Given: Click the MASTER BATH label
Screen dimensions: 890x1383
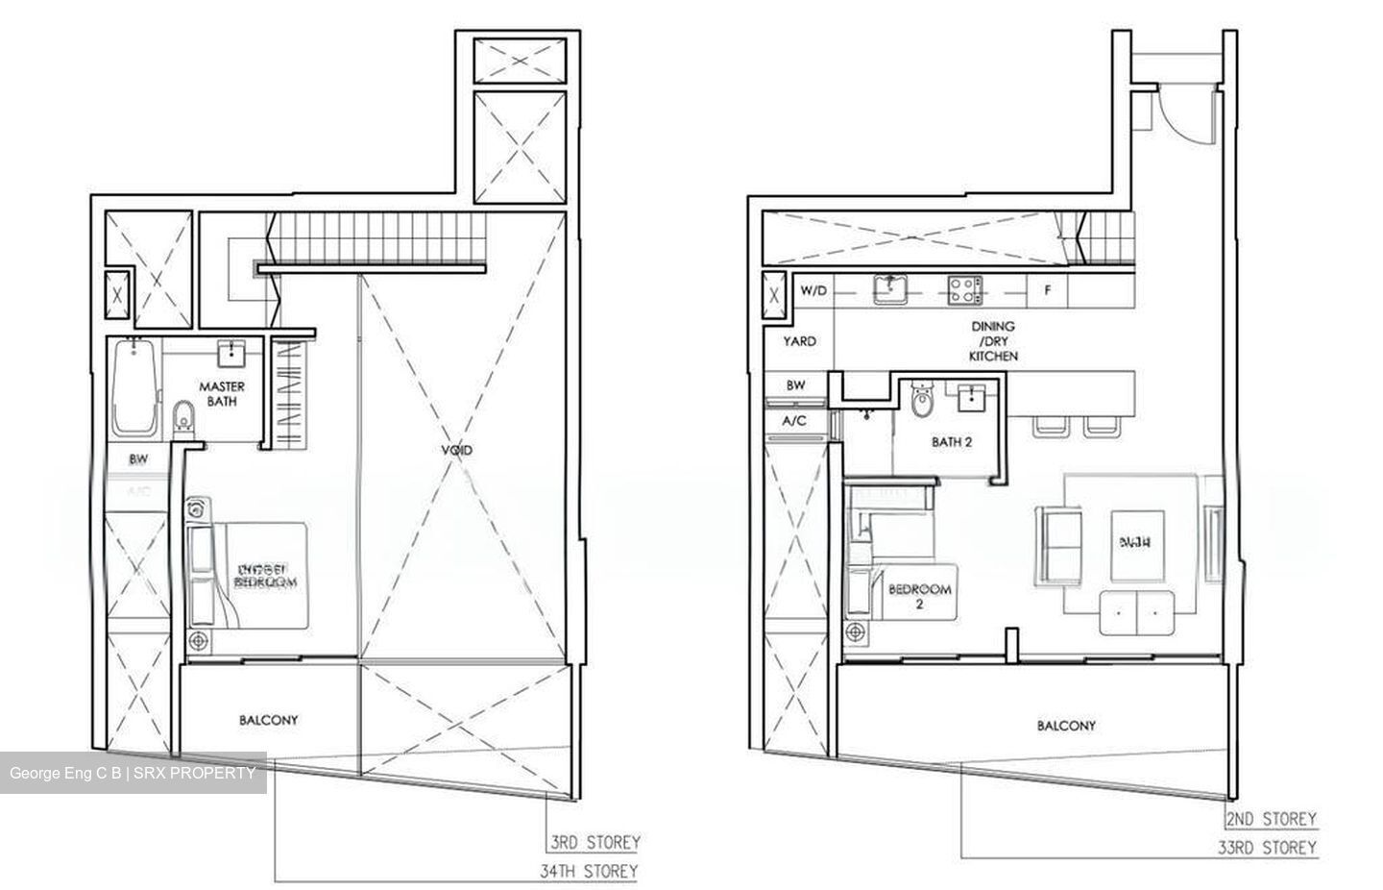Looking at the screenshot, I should point(222,394).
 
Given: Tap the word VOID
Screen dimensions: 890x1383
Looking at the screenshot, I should point(457,449).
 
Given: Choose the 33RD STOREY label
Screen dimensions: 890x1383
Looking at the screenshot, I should point(1269,848).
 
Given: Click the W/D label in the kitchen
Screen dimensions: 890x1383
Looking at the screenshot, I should point(813,288).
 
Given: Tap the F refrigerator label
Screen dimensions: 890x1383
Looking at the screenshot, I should point(1047,289).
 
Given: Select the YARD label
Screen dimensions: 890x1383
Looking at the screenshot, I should point(799,341).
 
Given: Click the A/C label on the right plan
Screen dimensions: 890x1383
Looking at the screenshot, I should point(794,420).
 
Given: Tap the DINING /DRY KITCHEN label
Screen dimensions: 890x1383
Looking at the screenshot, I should point(993,340).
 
